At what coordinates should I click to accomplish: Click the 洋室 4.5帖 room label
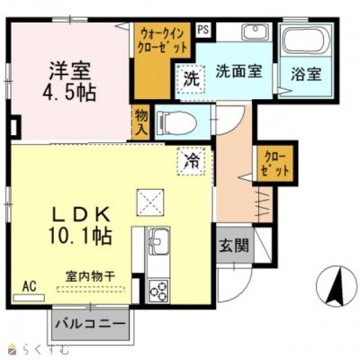(70, 81)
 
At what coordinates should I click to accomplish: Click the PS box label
(203, 29)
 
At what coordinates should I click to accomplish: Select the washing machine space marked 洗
(192, 79)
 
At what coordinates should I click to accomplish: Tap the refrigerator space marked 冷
(192, 162)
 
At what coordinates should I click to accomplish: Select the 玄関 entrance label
(230, 245)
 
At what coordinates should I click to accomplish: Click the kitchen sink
(158, 242)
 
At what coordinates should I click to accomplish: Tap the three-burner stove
(158, 291)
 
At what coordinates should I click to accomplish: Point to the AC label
(28, 284)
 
